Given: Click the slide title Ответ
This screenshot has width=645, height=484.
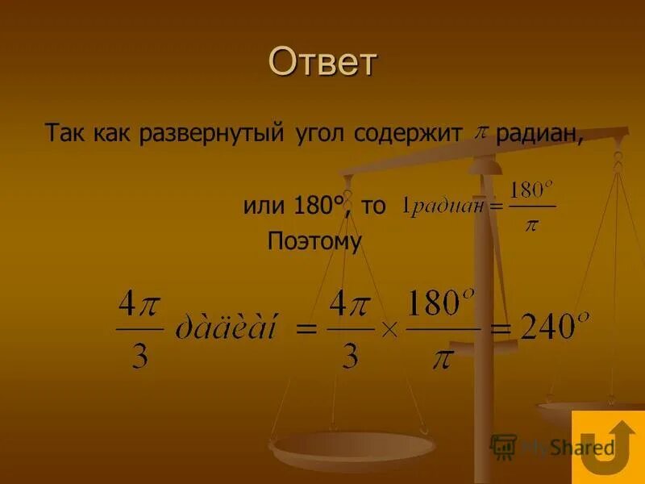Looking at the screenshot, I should point(322,62).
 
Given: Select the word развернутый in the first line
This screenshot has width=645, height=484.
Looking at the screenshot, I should point(213,132).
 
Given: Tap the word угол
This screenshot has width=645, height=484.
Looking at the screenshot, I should point(318,132).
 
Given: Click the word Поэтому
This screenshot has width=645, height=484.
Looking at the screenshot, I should point(315,241).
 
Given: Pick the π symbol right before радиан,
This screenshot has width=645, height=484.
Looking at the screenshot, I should point(481,131).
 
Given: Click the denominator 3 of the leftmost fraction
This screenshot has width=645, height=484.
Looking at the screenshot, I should point(139,354).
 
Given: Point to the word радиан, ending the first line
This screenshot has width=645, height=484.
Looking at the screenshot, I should point(539,132).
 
